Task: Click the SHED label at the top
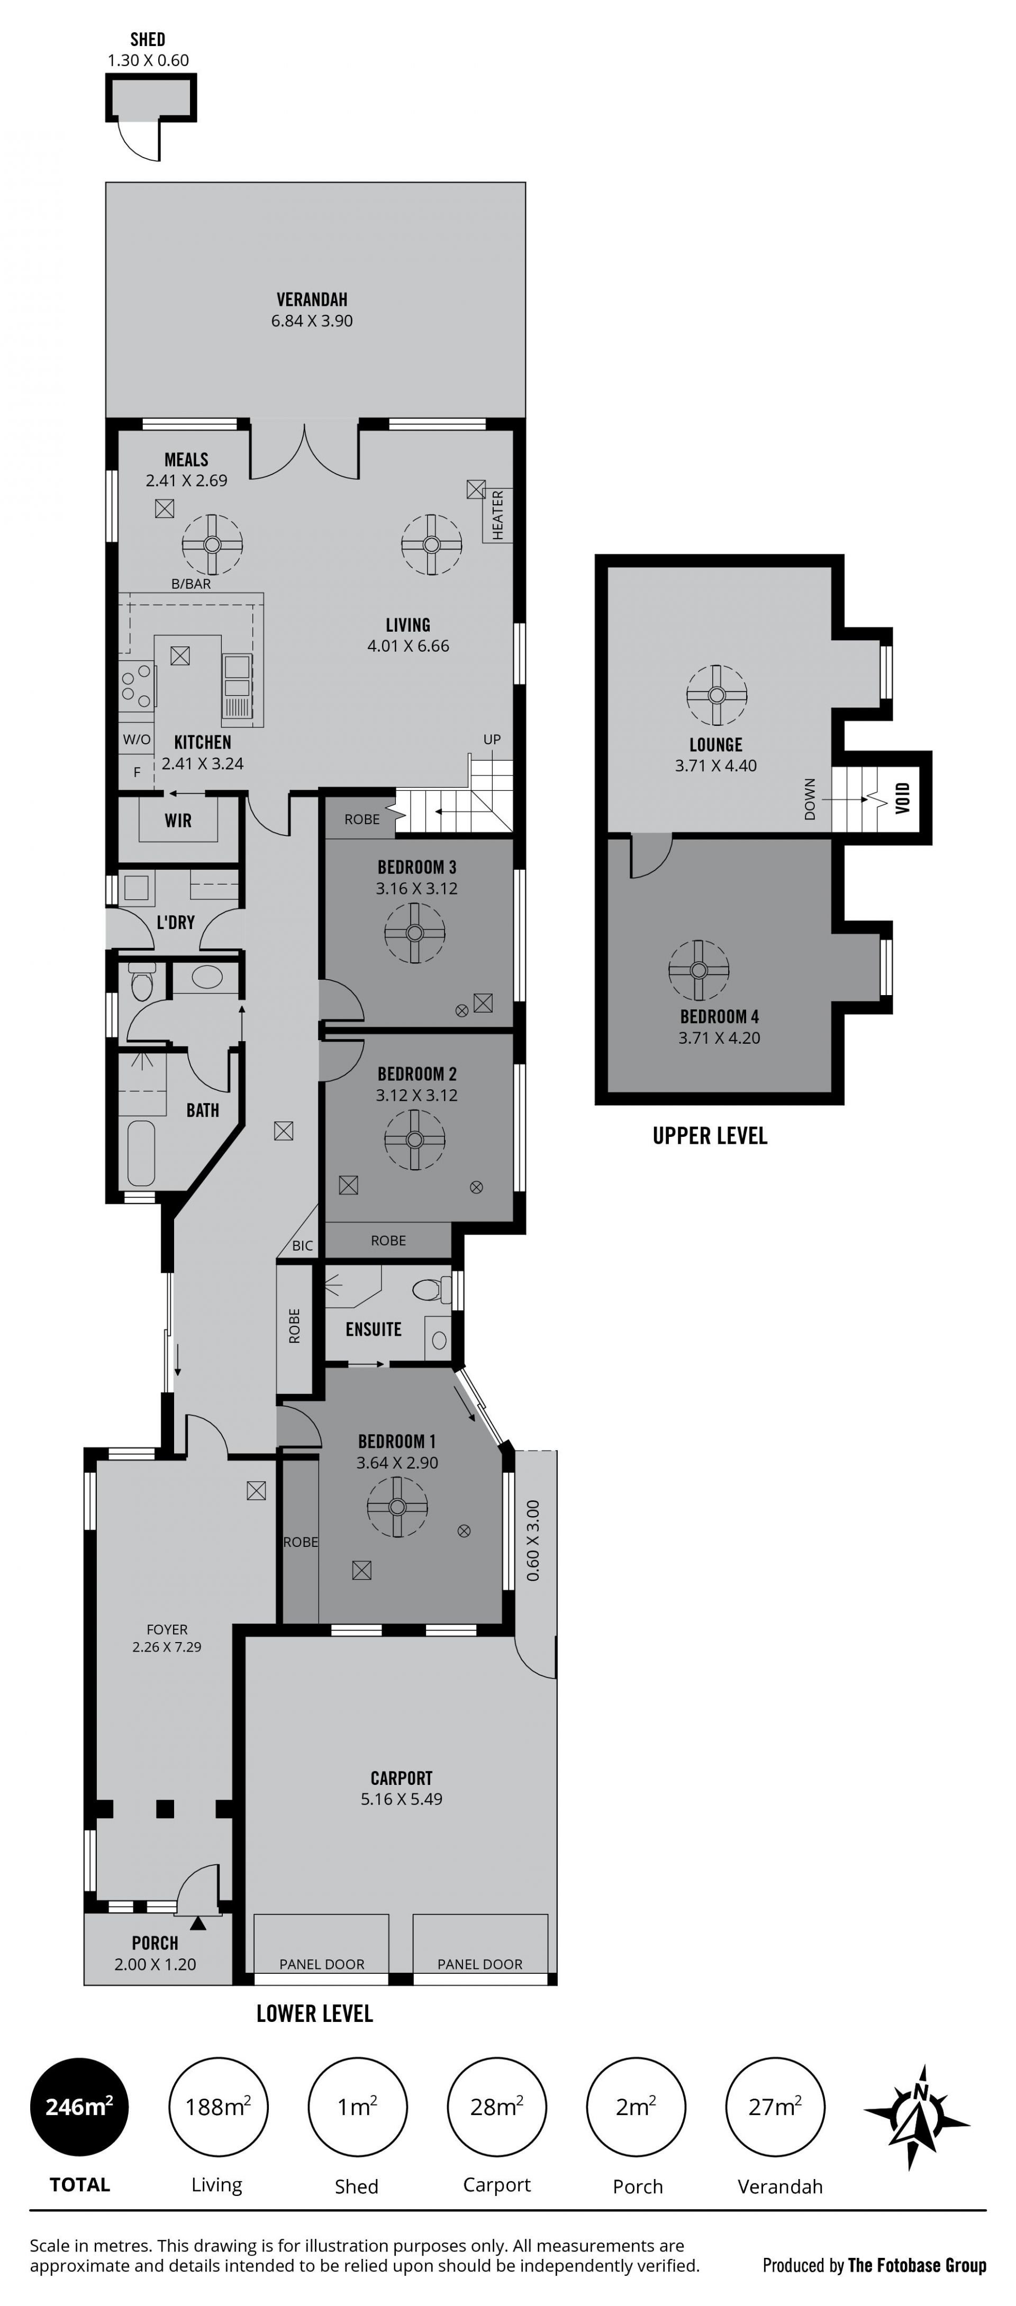148,39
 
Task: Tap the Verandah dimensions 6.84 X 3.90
312,321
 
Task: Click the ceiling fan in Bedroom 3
414,933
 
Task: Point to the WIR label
178,820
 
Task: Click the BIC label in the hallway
303,1245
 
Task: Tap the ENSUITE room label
373,1329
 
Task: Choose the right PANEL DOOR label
480,1964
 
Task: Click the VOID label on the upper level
902,798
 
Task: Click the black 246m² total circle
80,2107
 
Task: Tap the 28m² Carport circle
497,2107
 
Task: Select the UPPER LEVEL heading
710,1135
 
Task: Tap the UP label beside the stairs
492,740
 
